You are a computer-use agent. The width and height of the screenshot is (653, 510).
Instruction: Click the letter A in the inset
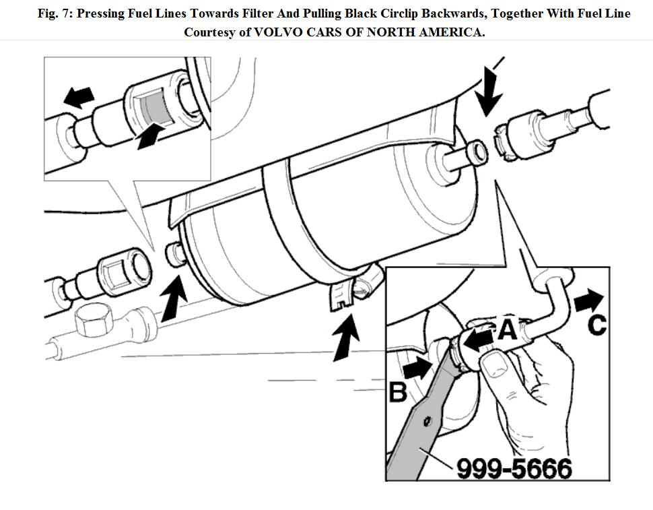pos(507,329)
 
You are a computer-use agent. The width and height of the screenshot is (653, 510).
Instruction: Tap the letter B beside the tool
pos(399,391)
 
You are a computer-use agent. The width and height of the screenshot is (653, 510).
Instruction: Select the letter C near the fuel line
pos(596,324)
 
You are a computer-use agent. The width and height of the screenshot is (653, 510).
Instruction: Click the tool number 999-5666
pos(514,468)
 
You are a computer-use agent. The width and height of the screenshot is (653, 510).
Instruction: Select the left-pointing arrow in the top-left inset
pos(79,97)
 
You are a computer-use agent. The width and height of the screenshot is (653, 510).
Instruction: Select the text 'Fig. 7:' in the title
pos(56,13)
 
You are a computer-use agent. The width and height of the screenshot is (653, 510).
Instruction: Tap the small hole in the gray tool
pos(426,422)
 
